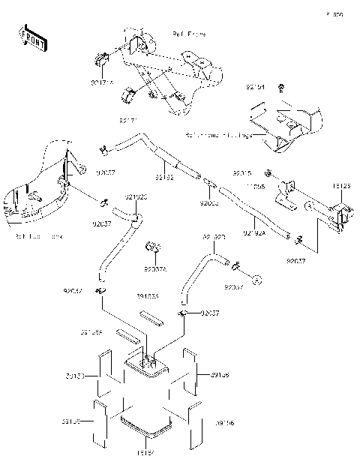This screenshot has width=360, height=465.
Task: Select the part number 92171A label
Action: tap(102, 85)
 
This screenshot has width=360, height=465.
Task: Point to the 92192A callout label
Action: tap(254, 235)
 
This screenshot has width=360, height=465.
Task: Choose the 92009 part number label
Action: tap(209, 203)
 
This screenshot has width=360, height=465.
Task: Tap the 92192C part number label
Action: tap(136, 197)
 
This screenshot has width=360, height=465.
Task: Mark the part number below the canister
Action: tap(145, 453)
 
